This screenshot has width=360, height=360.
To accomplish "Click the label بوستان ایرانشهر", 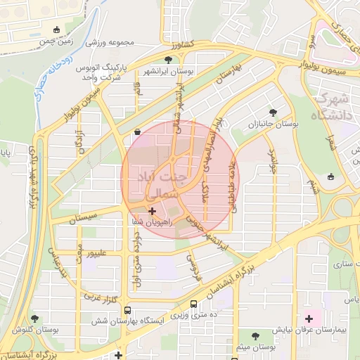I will coord(169,72).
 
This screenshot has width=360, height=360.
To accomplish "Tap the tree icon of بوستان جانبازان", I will coord(273,112).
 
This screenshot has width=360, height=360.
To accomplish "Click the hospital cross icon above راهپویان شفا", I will coord(153,210).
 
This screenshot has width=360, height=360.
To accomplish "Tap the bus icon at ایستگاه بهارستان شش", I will coord(127,310).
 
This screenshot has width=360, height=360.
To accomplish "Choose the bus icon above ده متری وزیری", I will coord(193,304).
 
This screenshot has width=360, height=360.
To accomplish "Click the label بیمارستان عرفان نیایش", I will coord(308,329).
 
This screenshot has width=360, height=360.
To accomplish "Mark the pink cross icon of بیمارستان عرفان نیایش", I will coord(309,319).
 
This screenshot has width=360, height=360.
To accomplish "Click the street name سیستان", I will coord(84,218).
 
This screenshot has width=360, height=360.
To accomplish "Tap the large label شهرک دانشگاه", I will coord(335,105).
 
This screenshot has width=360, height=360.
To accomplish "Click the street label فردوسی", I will coord(192,269).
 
